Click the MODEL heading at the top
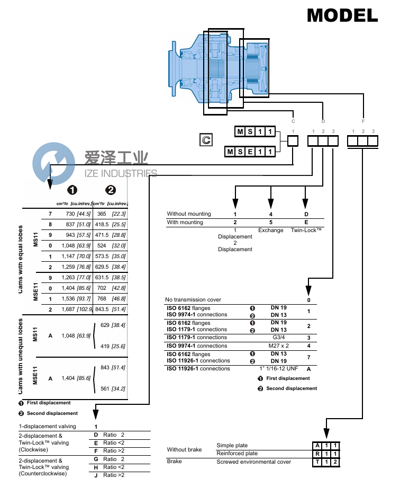342,15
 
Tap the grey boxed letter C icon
205,140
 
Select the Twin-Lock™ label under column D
306,231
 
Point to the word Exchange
270,231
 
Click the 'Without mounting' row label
189,214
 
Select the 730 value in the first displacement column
70,213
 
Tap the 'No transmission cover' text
193,299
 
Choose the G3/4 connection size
278,338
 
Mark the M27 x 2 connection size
278,346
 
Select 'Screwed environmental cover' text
253,462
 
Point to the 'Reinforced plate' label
237,454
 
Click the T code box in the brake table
316,462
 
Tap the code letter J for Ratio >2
96,475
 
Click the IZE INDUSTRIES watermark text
121,173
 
